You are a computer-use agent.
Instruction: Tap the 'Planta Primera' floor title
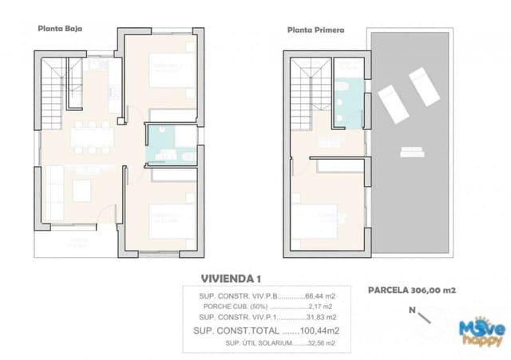[x=316, y=30]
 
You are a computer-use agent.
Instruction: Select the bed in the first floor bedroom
[x=327, y=220]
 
